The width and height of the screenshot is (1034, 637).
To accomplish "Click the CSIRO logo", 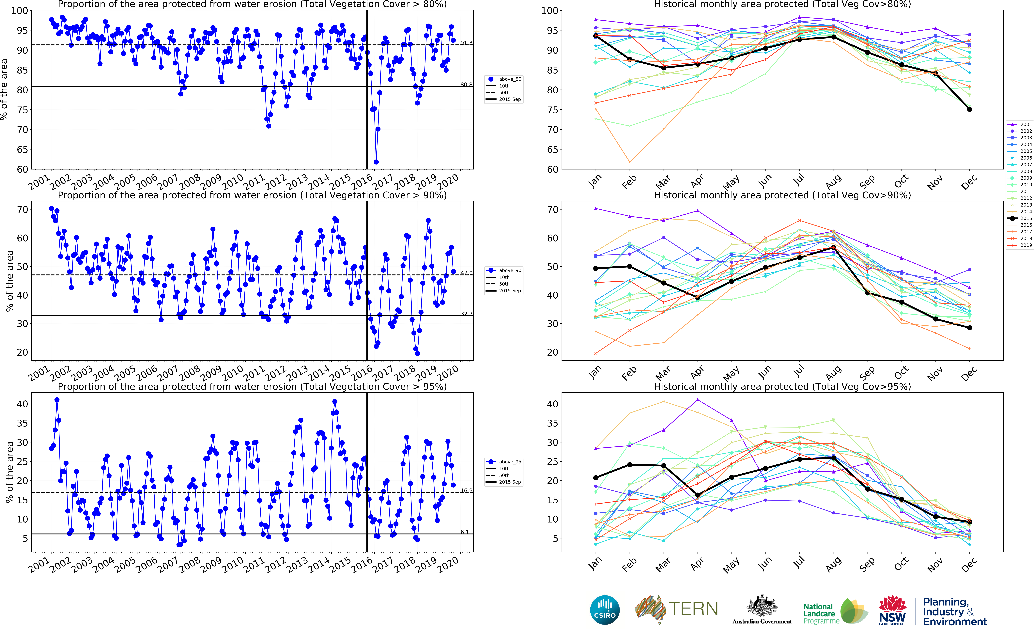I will pyautogui.click(x=605, y=610).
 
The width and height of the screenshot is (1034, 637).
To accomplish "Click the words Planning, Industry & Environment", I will pyautogui.click(x=954, y=612).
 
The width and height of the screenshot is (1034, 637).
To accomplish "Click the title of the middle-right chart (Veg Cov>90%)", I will pyautogui.click(x=782, y=195).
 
